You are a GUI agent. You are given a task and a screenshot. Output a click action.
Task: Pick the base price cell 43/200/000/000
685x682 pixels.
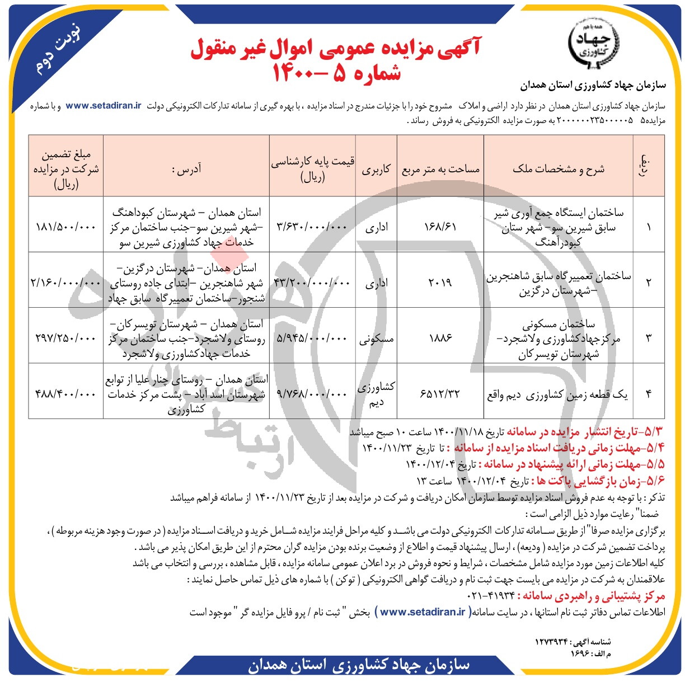312,283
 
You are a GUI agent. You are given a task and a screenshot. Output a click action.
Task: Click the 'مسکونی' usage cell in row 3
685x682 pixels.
376,338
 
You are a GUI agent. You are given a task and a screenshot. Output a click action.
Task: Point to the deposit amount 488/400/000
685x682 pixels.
65,394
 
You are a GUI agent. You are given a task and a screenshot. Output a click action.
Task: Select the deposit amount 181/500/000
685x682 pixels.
65,227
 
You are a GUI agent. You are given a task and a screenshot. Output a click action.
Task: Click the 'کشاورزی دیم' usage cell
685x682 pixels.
376,394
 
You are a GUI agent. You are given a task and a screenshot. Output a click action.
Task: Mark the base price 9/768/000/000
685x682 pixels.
312,394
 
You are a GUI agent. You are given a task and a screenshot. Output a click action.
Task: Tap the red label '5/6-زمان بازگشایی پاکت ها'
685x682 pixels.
598,481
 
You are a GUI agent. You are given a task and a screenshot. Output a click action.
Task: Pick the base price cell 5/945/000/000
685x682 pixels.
312,338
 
